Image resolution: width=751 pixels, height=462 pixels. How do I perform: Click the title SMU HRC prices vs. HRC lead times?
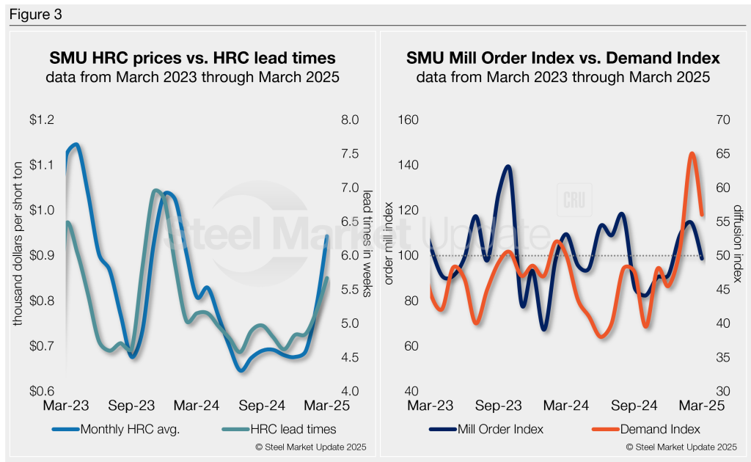click(x=192, y=56)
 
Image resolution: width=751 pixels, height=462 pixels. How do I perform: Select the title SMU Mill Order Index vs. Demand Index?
click(x=563, y=56)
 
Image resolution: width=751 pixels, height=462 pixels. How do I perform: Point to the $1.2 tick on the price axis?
click(x=43, y=120)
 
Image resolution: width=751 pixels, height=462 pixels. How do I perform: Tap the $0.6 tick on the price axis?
click(x=43, y=391)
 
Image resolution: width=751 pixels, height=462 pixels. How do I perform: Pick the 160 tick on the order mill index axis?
click(x=408, y=120)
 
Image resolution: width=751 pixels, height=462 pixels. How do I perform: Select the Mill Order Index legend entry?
click(x=497, y=430)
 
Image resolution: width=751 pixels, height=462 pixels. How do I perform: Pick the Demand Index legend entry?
click(x=657, y=430)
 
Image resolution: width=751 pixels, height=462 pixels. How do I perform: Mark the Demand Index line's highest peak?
click(x=692, y=153)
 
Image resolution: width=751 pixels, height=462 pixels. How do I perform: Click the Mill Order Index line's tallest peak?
click(x=508, y=166)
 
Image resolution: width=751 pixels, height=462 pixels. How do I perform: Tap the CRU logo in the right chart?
click(x=573, y=200)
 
